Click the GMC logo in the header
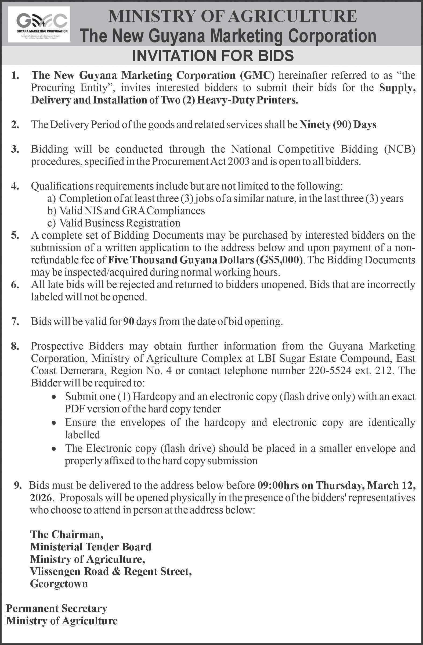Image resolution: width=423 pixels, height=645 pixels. (39, 24)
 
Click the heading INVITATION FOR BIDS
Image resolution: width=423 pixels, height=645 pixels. (213, 56)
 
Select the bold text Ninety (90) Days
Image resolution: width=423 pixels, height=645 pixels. (338, 125)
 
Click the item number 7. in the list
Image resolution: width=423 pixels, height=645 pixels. (15, 321)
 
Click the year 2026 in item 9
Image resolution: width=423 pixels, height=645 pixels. (40, 498)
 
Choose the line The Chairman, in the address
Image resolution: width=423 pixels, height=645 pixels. (67, 534)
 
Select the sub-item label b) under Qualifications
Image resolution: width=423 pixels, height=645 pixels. (51, 211)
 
